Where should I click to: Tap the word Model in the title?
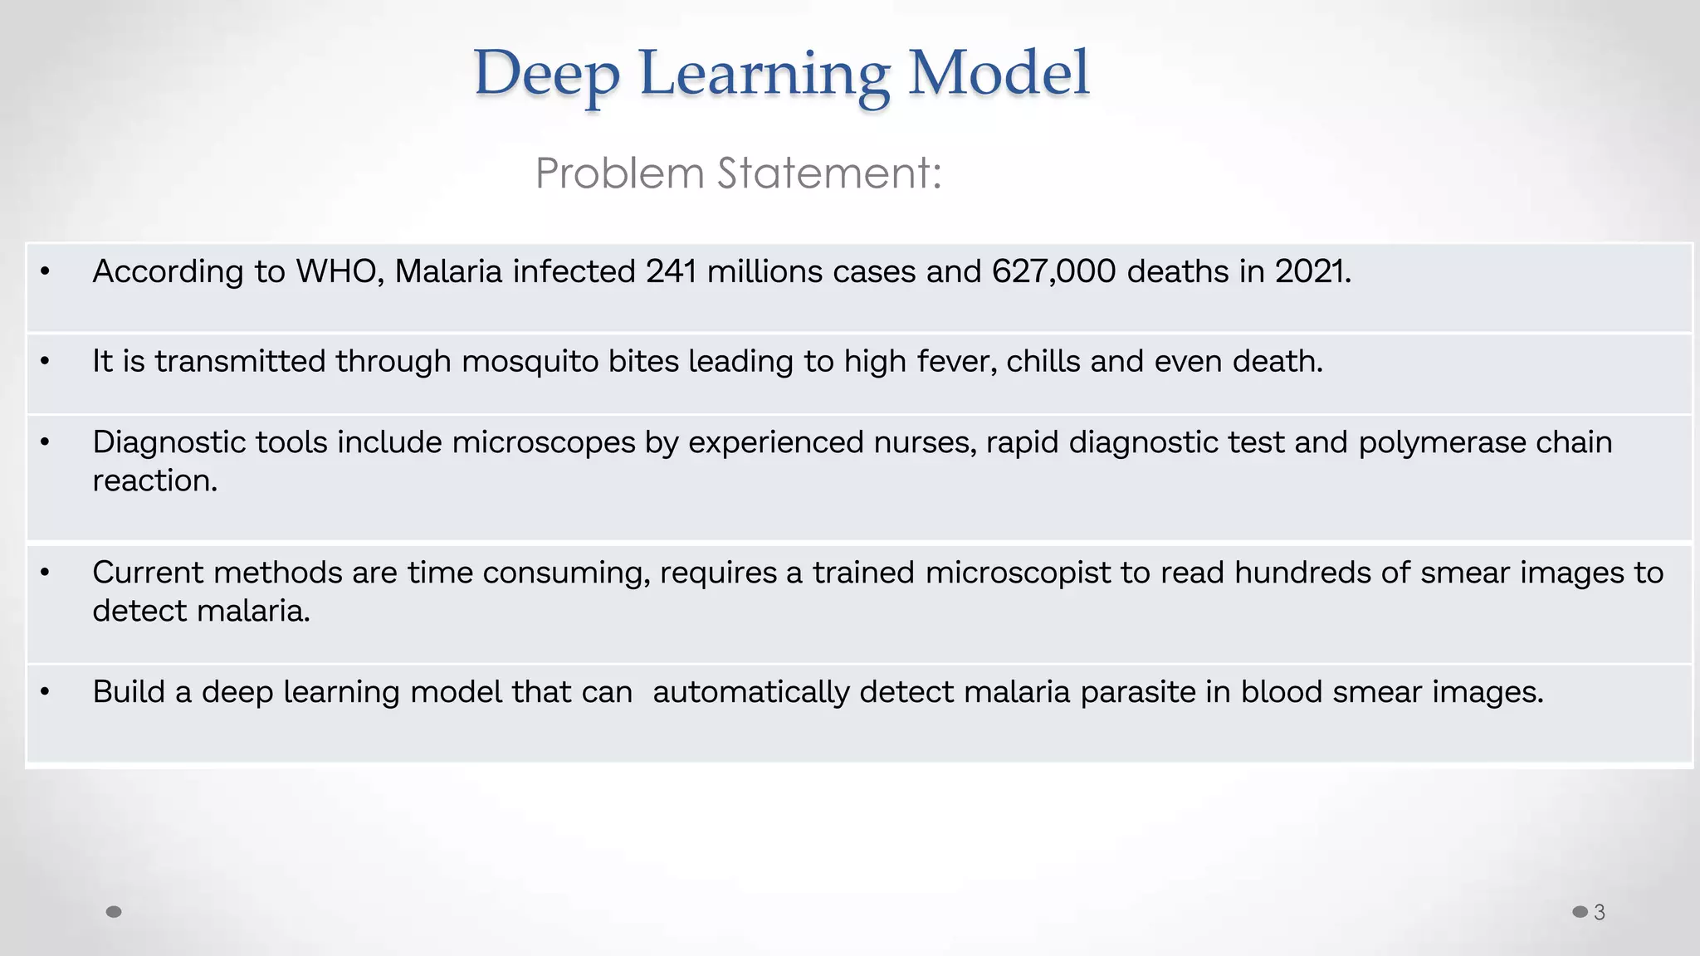998,73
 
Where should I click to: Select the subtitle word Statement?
829,173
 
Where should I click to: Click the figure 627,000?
1053,271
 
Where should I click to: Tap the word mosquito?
530,362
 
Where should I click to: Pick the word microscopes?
543,442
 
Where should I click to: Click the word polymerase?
1441,442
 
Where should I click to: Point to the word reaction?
154,480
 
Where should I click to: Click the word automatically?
750,692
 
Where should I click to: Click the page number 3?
1600,912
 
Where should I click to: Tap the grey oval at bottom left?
115,912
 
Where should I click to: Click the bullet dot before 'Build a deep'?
45,691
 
